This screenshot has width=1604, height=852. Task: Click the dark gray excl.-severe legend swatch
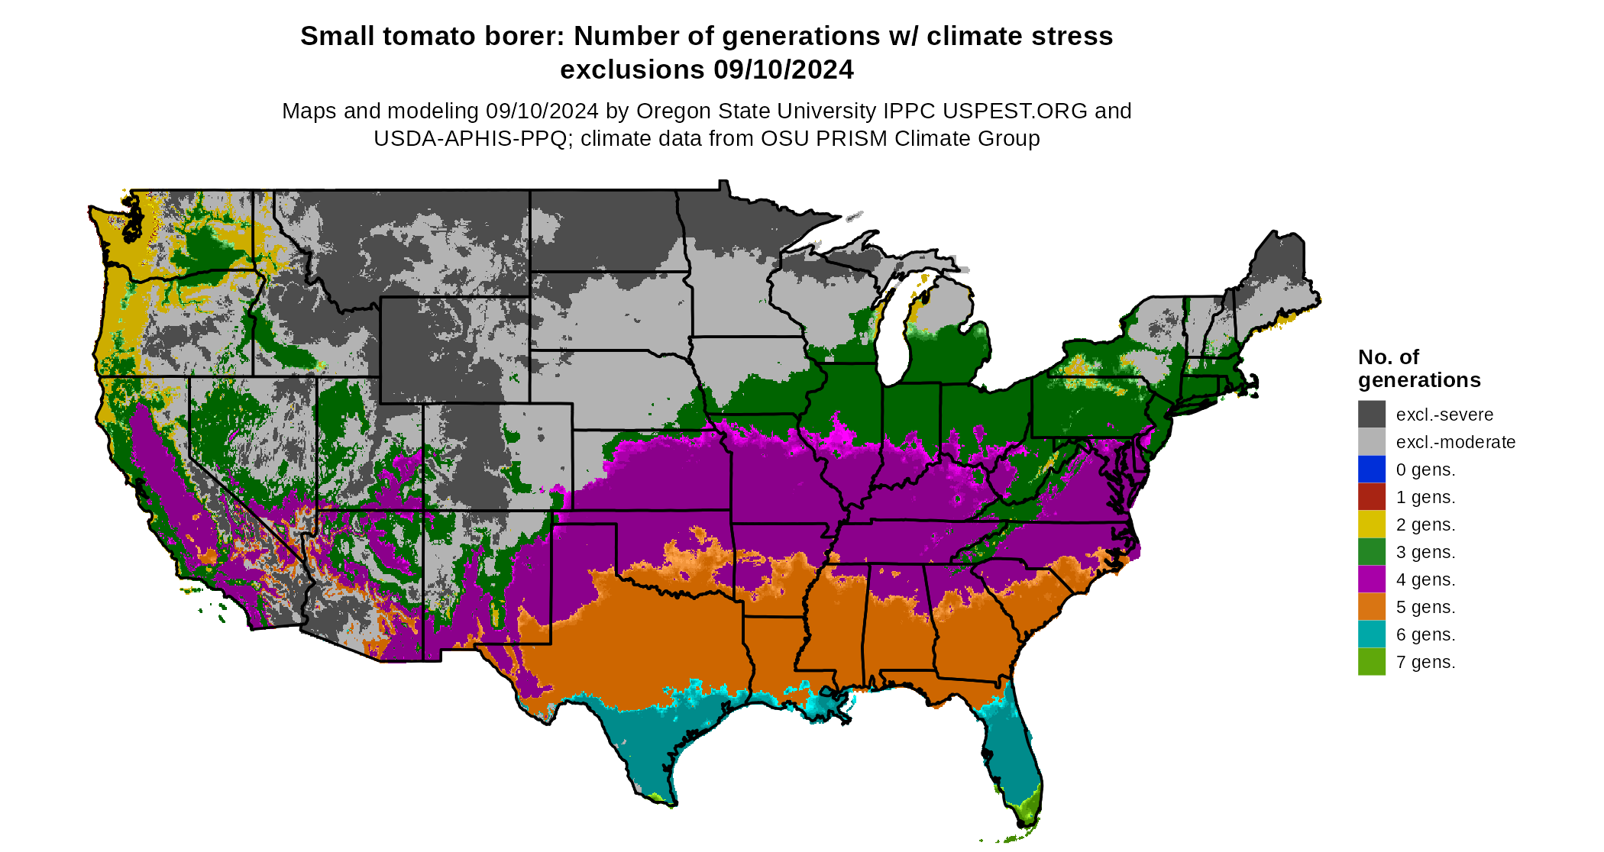[x=1371, y=415]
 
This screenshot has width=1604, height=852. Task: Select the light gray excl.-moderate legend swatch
[x=1371, y=442]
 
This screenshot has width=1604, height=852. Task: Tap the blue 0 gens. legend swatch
[x=1371, y=470]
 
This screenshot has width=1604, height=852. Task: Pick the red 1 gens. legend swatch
[x=1371, y=497]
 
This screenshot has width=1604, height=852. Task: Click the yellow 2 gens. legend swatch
[x=1371, y=524]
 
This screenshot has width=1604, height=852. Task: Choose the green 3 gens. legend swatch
[x=1371, y=552]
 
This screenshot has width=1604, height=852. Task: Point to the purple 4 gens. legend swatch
[x=1371, y=579]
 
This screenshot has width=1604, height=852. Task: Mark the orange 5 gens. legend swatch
[x=1371, y=607]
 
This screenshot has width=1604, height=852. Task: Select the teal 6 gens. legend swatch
[x=1371, y=634]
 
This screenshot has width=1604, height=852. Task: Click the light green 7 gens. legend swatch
[x=1371, y=662]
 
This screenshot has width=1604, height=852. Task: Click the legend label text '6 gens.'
[x=1425, y=634]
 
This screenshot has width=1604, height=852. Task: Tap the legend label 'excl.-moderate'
[x=1455, y=442]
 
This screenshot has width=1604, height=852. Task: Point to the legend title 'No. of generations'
[x=1418, y=368]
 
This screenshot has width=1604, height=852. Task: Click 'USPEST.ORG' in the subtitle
[x=1014, y=111]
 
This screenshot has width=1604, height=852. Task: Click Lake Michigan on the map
[x=891, y=336]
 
